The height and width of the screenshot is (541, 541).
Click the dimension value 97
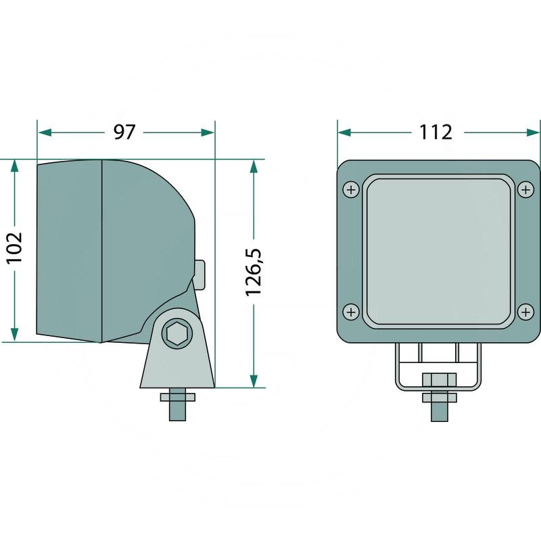click(x=124, y=133)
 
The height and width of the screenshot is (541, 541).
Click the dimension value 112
click(x=436, y=133)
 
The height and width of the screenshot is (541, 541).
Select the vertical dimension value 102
click(x=15, y=248)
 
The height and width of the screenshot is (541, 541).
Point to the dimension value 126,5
click(x=254, y=272)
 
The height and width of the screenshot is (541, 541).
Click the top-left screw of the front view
click(x=351, y=189)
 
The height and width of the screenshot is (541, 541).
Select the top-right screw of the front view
click(x=526, y=189)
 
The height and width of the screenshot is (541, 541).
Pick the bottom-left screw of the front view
click(x=351, y=312)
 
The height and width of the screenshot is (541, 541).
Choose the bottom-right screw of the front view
click(x=526, y=312)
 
